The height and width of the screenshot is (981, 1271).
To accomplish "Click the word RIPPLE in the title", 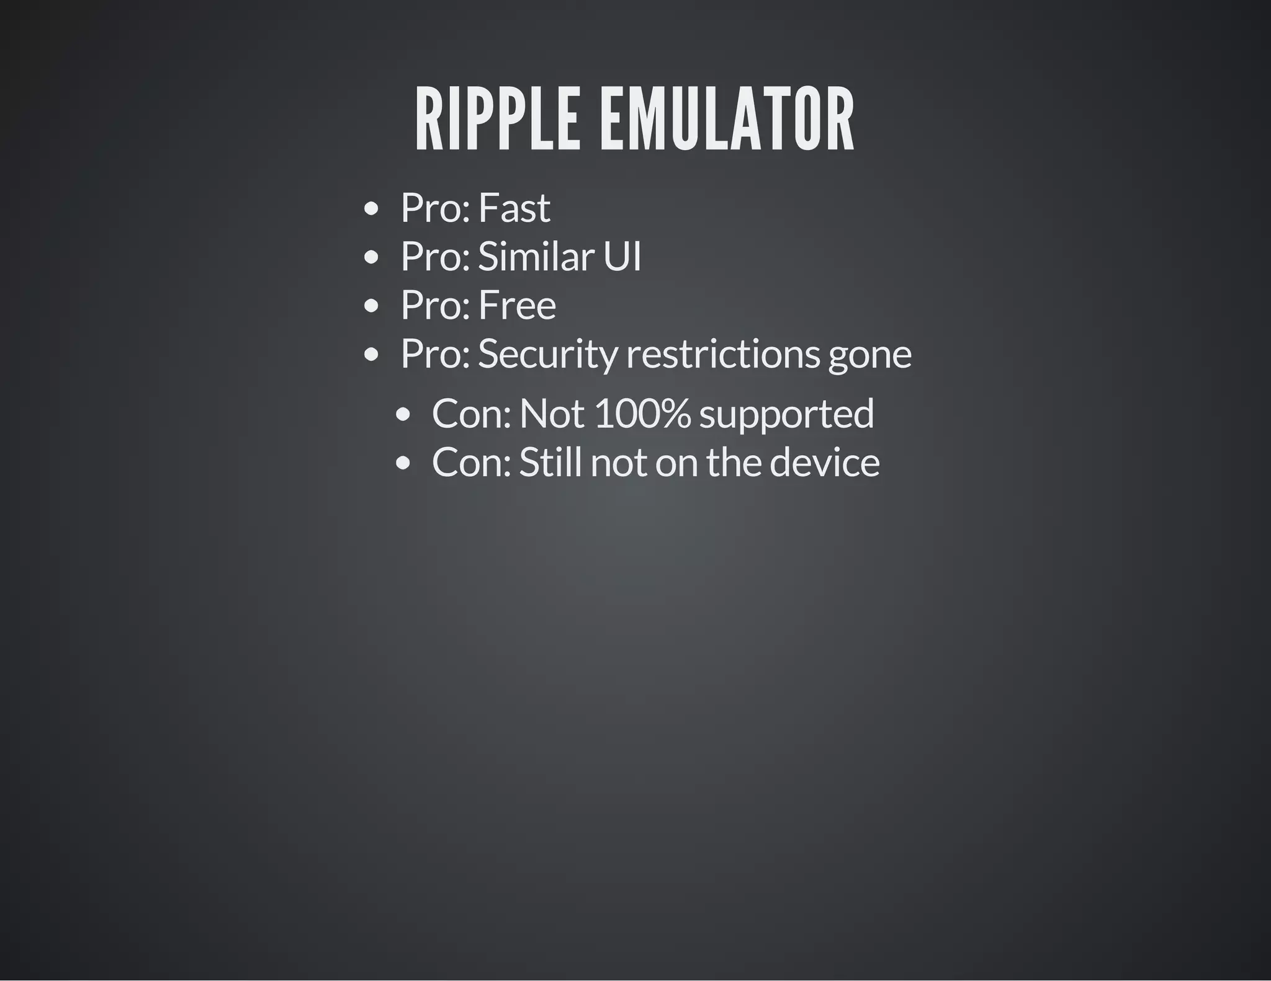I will [x=497, y=119].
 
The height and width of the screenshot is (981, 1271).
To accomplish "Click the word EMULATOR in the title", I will [x=727, y=119].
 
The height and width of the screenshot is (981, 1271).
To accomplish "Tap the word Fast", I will [x=514, y=208].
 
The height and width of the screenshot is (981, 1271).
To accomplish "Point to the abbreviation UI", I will [x=622, y=256].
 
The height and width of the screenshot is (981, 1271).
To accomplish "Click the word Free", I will [x=517, y=305].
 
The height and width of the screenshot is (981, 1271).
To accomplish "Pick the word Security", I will [x=548, y=354].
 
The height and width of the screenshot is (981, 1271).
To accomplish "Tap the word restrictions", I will [x=723, y=354].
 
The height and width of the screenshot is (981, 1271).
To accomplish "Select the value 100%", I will [x=642, y=414].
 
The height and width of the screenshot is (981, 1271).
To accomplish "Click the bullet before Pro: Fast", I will [x=371, y=209].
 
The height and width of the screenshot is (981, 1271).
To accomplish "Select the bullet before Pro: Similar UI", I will [x=371, y=257].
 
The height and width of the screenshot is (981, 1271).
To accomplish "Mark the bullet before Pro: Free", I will [x=371, y=306].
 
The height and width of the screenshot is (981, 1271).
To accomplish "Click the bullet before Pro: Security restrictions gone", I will [x=371, y=355].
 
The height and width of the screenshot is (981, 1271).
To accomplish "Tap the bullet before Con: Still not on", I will [x=403, y=463].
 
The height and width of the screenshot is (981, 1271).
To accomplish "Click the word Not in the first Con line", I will [x=552, y=414].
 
